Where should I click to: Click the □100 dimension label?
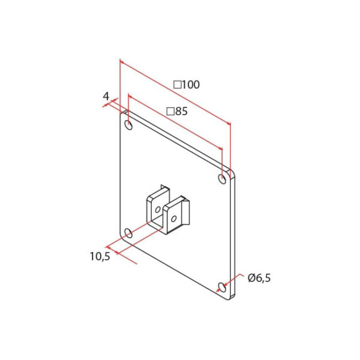tap(186, 85)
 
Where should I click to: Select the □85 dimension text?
tap(177, 112)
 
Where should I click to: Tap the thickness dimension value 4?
tap(106, 97)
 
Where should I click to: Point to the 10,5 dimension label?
tap(100, 256)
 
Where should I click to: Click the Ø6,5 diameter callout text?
tap(259, 278)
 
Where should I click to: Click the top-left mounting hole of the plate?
tap(128, 125)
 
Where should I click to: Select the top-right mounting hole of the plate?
tap(222, 179)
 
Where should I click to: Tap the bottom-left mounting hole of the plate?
tap(128, 233)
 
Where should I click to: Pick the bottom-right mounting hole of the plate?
tap(222, 287)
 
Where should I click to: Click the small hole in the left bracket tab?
tap(158, 209)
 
